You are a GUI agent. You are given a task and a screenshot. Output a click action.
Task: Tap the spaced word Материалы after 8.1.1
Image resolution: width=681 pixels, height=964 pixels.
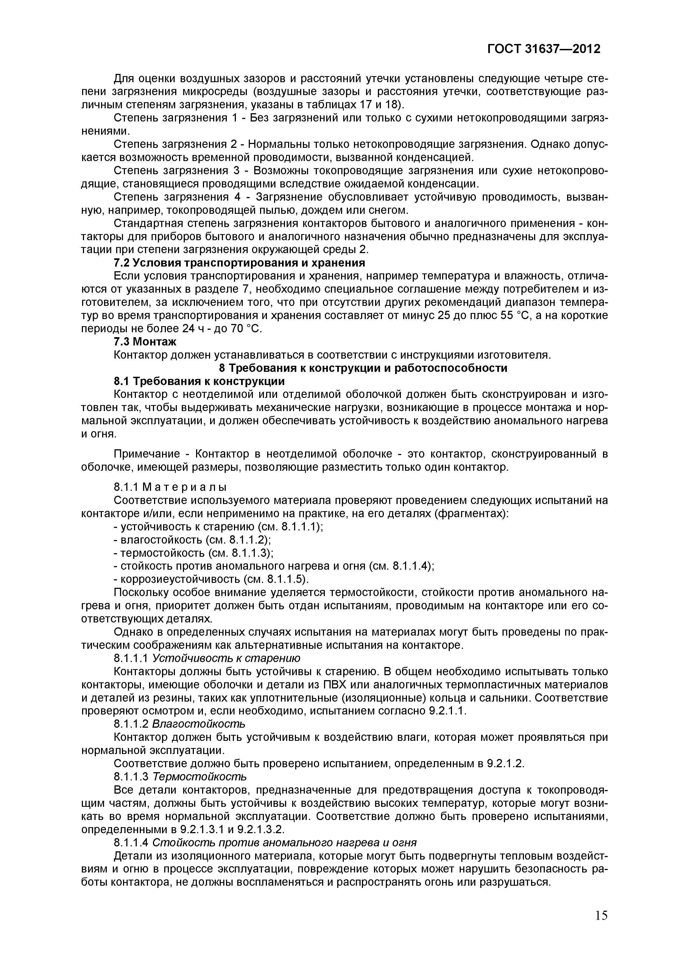tap(185, 487)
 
